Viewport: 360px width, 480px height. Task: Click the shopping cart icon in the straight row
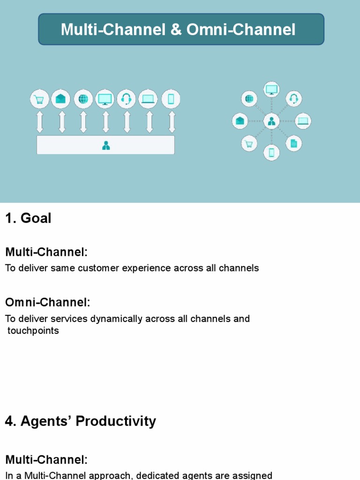39,99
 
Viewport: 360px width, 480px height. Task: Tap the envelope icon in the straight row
60,99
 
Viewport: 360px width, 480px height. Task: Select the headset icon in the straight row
126,99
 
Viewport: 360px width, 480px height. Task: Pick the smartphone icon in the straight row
171,99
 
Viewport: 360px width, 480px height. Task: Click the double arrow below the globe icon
83,122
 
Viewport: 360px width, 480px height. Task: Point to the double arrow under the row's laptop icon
150,122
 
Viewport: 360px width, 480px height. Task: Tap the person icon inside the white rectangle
106,145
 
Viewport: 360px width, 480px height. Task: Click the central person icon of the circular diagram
271,121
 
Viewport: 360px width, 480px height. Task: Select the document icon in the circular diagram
294,143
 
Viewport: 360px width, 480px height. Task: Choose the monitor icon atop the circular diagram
271,90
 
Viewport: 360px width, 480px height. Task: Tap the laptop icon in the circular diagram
303,121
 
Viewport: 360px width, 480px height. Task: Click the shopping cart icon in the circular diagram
249,143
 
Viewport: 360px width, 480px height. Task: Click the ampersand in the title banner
176,30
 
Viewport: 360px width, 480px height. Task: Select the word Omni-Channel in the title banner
241,30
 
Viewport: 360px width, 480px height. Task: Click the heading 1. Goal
28,218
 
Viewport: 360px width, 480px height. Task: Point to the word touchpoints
33,330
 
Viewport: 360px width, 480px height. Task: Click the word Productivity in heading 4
116,421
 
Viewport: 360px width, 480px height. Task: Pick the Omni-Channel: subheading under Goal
48,302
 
